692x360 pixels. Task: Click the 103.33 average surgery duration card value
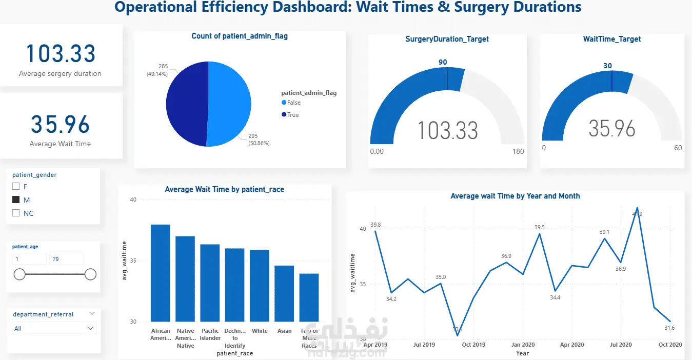[61, 54]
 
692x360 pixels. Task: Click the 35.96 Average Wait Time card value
[60, 125]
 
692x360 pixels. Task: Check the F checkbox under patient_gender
[16, 187]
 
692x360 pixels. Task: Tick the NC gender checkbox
[16, 213]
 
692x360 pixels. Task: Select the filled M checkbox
[16, 200]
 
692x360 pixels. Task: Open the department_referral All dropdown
[54, 328]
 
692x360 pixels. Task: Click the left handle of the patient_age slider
[19, 274]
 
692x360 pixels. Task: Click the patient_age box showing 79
[66, 259]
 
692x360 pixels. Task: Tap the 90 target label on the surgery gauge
[443, 62]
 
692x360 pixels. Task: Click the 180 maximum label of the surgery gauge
[518, 151]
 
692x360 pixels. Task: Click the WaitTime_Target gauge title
[612, 39]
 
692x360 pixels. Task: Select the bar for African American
[161, 273]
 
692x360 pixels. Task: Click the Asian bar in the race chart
[284, 293]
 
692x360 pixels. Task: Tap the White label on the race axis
[260, 331]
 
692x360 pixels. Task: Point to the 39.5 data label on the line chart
[540, 227]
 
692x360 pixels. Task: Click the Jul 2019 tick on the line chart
[424, 345]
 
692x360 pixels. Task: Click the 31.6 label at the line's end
[670, 328]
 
